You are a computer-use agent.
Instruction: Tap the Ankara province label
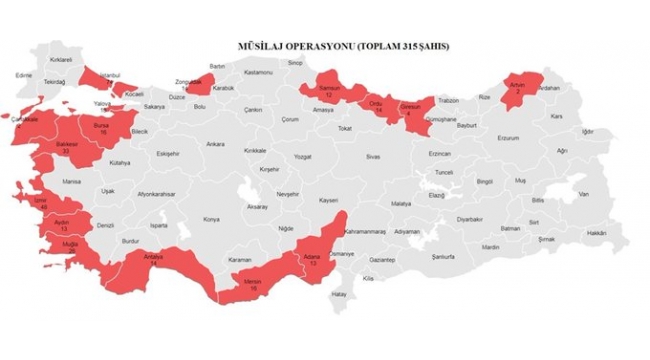coord(215,145)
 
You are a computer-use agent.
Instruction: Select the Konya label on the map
coord(210,218)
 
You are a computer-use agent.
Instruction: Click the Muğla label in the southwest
coord(69,243)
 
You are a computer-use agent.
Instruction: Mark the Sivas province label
coord(373,157)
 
